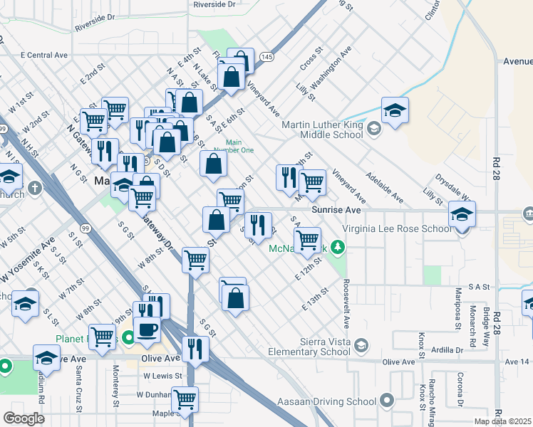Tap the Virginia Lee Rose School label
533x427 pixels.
pyautogui.click(x=397, y=229)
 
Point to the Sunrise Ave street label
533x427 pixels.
pyautogui.click(x=333, y=210)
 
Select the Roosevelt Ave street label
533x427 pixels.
pyautogui.click(x=346, y=306)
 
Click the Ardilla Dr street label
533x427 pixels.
pyautogui.click(x=452, y=350)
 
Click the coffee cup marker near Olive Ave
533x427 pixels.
pyautogui.click(x=147, y=330)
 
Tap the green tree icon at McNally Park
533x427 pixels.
pyautogui.click(x=341, y=248)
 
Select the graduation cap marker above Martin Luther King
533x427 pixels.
pyautogui.click(x=395, y=110)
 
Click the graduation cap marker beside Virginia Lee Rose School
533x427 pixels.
pyautogui.click(x=462, y=214)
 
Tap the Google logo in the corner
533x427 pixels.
pyautogui.click(x=24, y=418)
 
